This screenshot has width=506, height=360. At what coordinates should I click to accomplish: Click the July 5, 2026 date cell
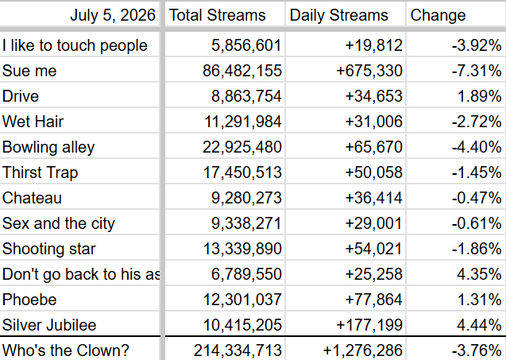(x=113, y=15)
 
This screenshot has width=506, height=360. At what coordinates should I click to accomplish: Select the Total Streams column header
(x=217, y=15)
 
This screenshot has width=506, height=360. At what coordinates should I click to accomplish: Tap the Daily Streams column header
(x=339, y=15)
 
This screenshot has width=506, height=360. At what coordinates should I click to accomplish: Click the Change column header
(x=438, y=15)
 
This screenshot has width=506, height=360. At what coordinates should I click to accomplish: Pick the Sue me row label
(x=29, y=71)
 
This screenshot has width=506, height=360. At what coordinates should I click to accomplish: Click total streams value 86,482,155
(x=242, y=71)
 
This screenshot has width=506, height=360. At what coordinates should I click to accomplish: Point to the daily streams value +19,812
(x=373, y=45)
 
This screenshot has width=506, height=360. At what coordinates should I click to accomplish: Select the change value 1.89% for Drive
(x=480, y=96)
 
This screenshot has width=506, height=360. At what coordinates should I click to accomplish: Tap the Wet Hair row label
(x=33, y=122)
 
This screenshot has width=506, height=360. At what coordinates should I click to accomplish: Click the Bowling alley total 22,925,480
(x=242, y=147)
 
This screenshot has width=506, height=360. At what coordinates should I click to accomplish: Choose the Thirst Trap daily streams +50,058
(x=373, y=172)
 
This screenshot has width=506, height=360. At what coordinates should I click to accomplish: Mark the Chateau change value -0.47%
(x=477, y=198)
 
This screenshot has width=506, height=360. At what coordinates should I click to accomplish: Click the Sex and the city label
(x=59, y=223)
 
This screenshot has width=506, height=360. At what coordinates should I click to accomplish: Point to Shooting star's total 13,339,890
(x=242, y=249)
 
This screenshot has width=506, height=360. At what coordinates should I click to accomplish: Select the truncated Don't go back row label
(x=81, y=274)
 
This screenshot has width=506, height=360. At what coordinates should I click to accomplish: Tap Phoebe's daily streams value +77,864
(x=373, y=300)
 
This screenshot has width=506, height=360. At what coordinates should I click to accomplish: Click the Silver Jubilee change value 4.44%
(x=480, y=325)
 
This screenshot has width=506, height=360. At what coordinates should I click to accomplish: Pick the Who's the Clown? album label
(x=65, y=350)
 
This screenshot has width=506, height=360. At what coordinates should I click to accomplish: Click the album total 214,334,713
(x=238, y=350)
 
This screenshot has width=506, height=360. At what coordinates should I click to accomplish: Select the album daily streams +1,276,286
(x=362, y=350)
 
